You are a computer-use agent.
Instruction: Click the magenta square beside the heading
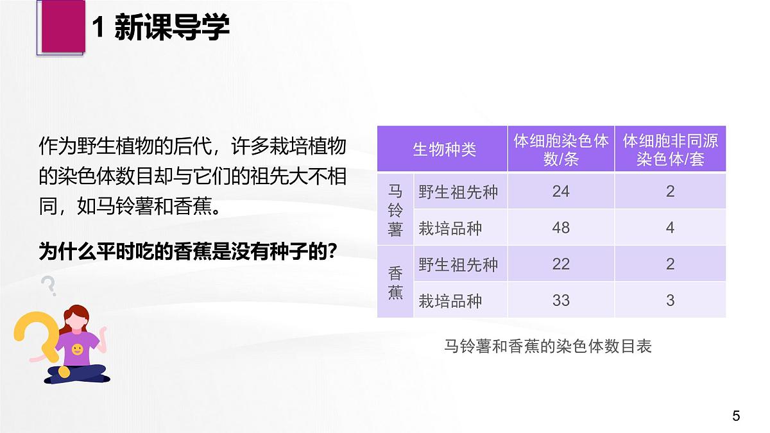click(x=62, y=26)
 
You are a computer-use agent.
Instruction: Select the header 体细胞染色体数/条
click(x=561, y=149)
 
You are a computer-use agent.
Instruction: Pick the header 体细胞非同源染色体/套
click(x=670, y=149)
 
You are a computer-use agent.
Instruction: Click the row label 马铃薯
click(x=395, y=210)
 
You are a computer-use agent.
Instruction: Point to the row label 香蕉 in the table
click(x=395, y=283)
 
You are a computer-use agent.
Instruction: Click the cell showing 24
click(x=561, y=191)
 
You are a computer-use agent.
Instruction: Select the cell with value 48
click(x=561, y=228)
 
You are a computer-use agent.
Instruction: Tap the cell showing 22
click(x=561, y=264)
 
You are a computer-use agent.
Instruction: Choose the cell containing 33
click(x=561, y=300)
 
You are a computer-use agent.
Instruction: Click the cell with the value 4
click(x=670, y=228)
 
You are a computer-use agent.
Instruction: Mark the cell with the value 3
click(x=670, y=300)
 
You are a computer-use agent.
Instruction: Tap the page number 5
click(x=736, y=416)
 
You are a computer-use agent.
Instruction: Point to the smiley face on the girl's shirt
click(x=77, y=350)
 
